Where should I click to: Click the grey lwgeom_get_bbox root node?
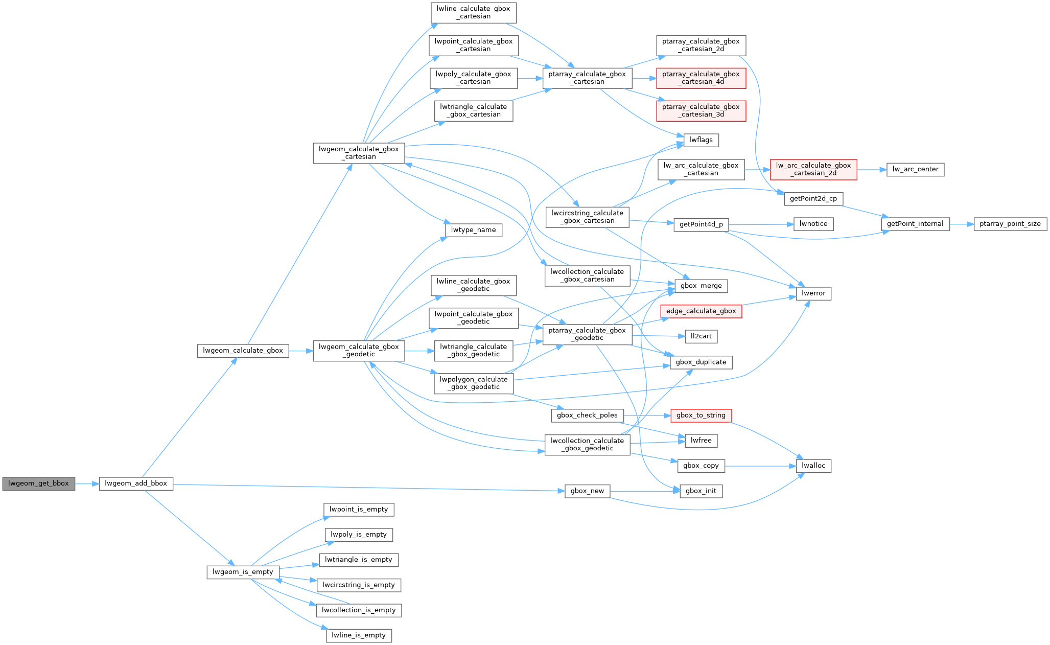(39, 483)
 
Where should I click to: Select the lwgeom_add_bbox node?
(136, 483)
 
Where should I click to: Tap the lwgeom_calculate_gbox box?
(243, 351)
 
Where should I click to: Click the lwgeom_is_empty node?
(243, 572)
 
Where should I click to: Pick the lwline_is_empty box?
(359, 635)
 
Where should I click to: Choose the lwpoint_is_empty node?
(359, 510)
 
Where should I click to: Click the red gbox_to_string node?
(701, 416)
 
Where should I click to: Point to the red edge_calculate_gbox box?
(701, 311)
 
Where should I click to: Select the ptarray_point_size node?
(1010, 224)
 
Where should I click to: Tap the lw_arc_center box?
(915, 169)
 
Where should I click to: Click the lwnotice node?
(813, 224)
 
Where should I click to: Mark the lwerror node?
(813, 293)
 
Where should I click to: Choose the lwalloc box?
(813, 466)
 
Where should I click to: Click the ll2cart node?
(701, 336)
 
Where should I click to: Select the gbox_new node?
(587, 491)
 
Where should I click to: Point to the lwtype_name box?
(474, 230)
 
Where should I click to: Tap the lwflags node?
(701, 140)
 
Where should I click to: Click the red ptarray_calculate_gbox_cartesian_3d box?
(701, 110)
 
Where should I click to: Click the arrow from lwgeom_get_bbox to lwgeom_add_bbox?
(87, 483)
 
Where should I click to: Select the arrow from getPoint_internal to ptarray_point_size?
(962, 224)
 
